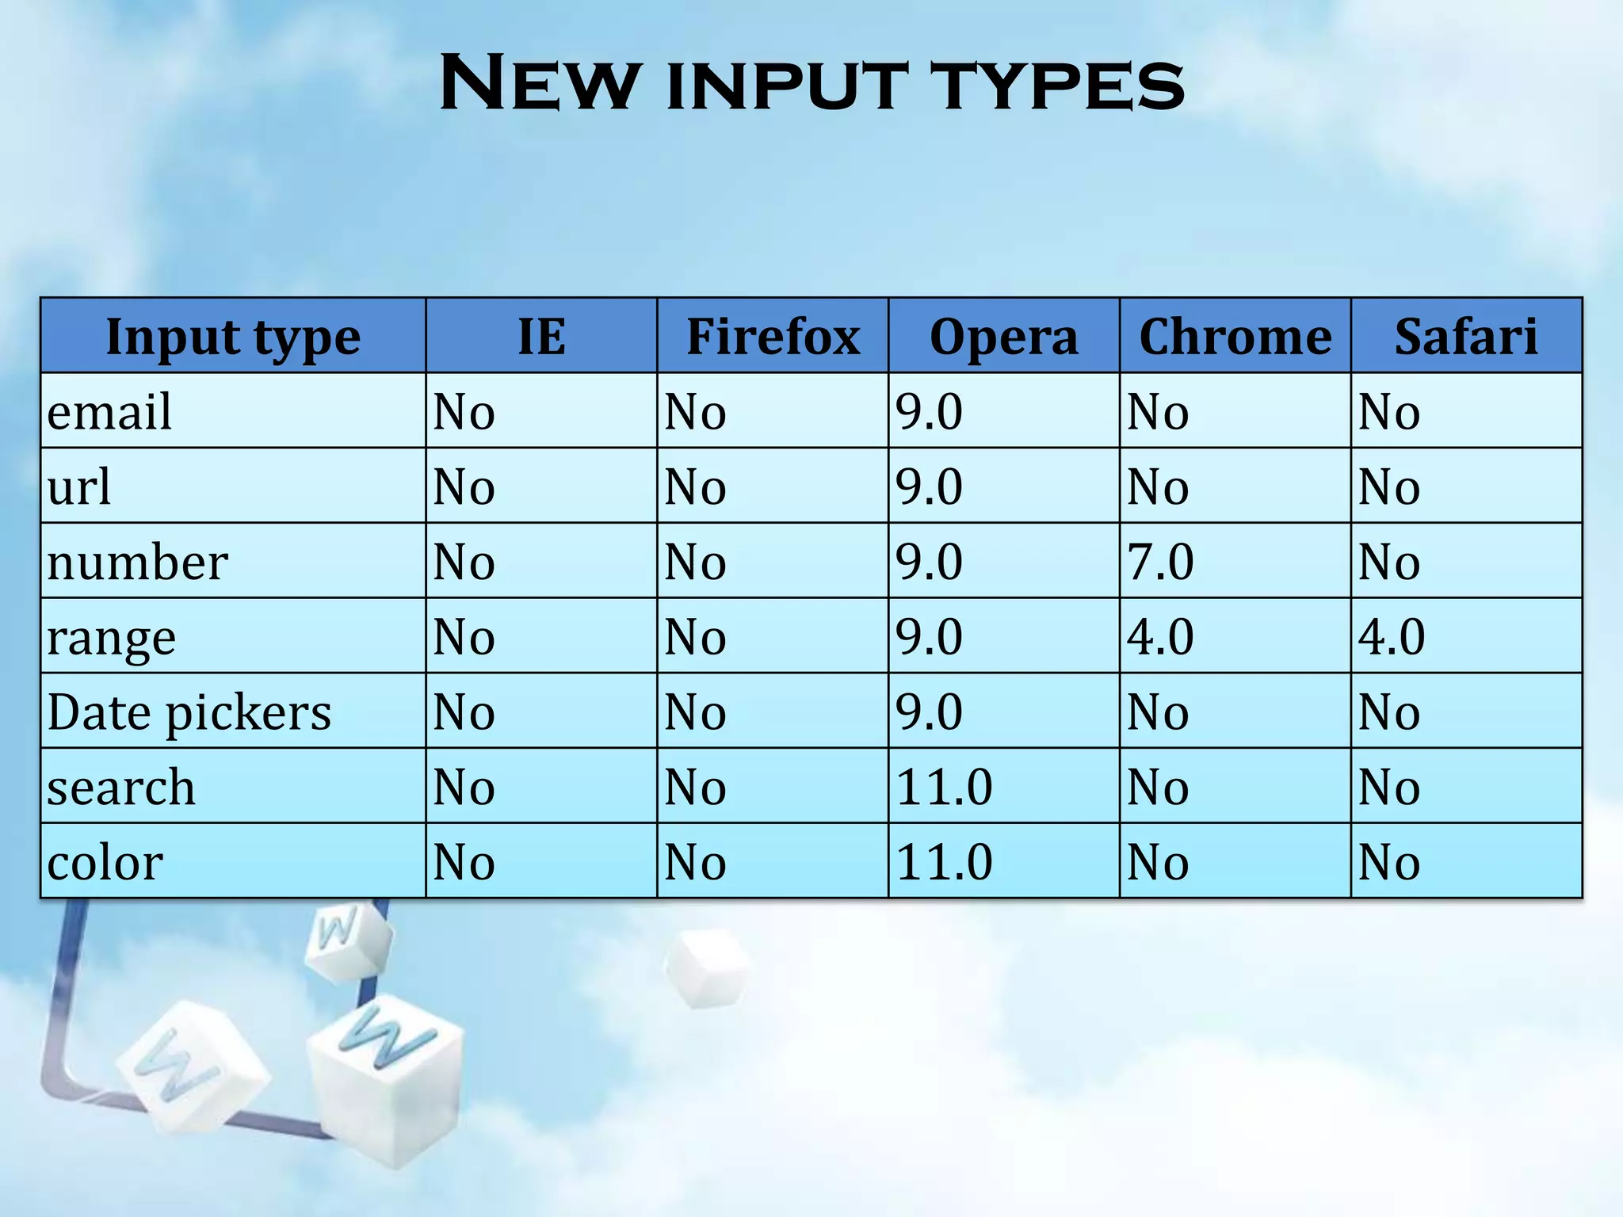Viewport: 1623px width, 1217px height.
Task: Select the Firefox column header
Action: pos(773,337)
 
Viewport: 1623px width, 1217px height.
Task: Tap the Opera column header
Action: pos(1003,337)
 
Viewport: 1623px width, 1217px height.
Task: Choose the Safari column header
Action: pos(1465,337)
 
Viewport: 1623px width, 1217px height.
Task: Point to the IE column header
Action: pos(541,337)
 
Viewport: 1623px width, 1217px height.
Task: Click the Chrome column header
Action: pos(1235,337)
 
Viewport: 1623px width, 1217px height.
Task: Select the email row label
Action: pos(109,412)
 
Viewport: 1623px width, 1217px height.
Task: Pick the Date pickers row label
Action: pos(189,712)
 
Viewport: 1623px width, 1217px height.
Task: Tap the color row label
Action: pos(105,862)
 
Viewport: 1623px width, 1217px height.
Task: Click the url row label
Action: pos(78,486)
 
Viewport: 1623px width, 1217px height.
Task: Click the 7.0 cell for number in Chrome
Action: pos(1160,562)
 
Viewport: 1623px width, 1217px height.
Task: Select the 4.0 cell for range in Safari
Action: pos(1392,636)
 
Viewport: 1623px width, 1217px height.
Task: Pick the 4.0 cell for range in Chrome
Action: pos(1160,636)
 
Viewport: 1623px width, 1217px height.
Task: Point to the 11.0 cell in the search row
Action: pos(944,787)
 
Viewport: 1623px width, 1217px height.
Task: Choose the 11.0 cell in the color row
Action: pos(944,862)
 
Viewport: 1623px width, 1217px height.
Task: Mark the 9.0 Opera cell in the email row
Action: pos(929,412)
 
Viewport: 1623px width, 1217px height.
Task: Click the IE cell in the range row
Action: pos(464,636)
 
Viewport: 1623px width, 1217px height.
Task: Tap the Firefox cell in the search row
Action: pos(695,787)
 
